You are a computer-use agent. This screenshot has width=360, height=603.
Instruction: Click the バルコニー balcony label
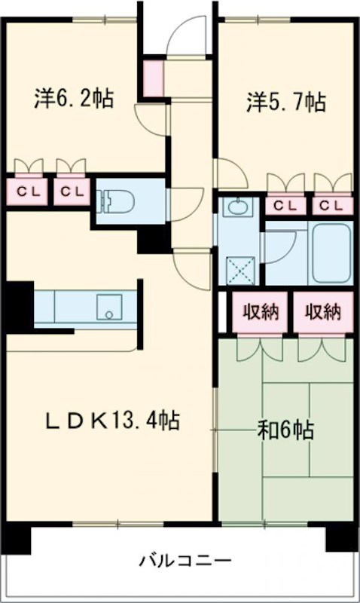184,561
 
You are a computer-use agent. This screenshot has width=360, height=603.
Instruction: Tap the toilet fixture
116,200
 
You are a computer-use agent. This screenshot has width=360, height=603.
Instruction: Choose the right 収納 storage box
322,311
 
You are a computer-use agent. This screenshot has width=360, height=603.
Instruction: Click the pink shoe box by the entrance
153,78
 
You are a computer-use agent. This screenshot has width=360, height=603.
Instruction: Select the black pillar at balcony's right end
337,537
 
